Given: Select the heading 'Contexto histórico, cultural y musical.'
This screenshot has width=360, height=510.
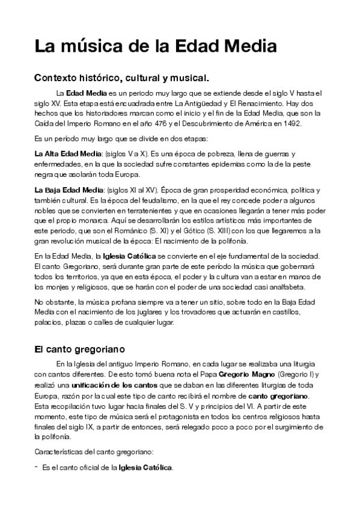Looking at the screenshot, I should coord(121,78).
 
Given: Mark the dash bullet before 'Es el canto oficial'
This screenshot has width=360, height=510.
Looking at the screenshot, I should coord(37,466).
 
